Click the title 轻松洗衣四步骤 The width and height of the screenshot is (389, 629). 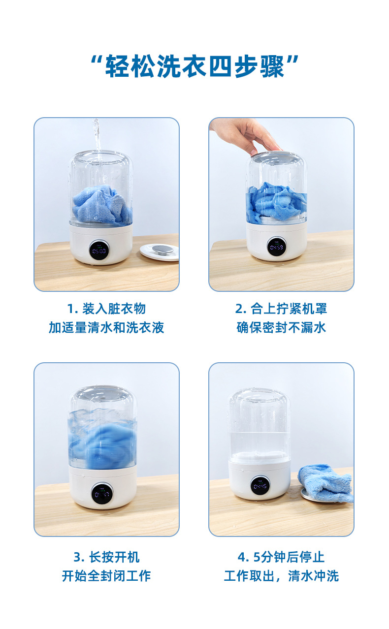[194, 66]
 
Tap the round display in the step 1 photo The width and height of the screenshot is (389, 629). [99, 250]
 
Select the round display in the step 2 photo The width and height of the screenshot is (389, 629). [276, 246]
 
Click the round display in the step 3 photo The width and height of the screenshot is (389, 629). [102, 493]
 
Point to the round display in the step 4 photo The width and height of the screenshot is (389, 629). [260, 485]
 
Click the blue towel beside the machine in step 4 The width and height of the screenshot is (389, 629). [326, 482]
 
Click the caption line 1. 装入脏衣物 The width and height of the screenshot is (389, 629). [106, 309]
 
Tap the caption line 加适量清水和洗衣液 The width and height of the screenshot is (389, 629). [106, 327]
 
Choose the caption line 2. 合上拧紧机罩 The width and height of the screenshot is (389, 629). [281, 309]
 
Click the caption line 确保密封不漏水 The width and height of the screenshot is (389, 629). [281, 327]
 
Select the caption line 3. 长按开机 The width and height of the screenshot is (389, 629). [106, 557]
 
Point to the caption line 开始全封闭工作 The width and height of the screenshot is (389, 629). [106, 576]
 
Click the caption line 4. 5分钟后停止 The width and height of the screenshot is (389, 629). [281, 557]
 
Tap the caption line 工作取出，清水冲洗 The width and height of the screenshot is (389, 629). [281, 576]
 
